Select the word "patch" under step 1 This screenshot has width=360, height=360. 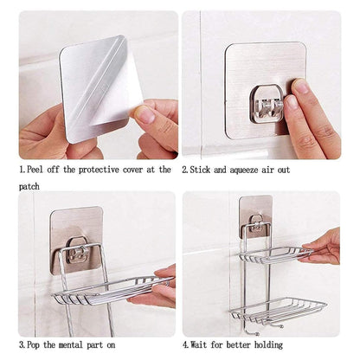31,186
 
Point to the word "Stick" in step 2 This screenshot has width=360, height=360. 204,170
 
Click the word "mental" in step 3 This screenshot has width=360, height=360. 73,345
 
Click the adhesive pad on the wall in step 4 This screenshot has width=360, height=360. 255,216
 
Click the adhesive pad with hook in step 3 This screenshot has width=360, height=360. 76,239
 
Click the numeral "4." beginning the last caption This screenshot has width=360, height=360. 187,345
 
